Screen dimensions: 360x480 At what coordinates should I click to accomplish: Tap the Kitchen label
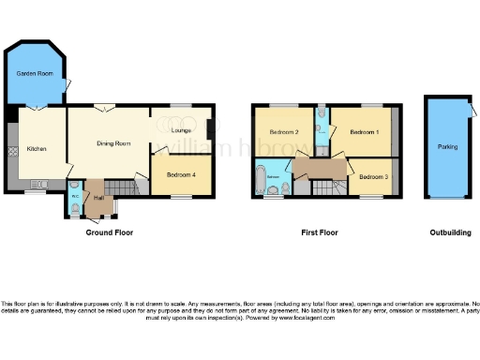click(37, 148)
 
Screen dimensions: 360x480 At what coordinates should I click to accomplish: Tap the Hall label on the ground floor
click(98, 198)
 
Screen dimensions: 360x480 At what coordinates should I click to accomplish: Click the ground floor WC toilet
click(74, 208)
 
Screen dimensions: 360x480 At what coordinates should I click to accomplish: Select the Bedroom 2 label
click(283, 133)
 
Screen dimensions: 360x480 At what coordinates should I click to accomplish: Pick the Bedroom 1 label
click(365, 133)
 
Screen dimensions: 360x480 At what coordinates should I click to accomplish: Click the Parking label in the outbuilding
click(447, 147)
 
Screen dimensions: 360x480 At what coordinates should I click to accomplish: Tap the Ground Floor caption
click(108, 232)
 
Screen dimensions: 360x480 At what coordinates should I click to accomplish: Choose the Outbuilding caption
click(450, 232)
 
